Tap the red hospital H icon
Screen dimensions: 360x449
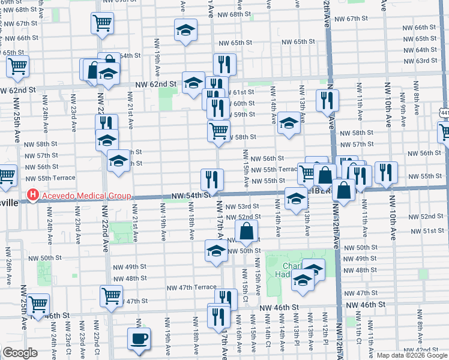pyautogui.click(x=32, y=196)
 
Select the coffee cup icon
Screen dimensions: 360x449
pyautogui.click(x=139, y=338)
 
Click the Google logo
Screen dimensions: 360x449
pyautogui.click(x=20, y=353)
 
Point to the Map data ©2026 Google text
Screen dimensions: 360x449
pyautogui.click(x=412, y=355)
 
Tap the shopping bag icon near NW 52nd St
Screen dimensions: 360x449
pyautogui.click(x=247, y=230)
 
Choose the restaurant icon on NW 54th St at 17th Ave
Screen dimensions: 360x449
pyautogui.click(x=212, y=179)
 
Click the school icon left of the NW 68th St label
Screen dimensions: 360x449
pyautogui.click(x=186, y=29)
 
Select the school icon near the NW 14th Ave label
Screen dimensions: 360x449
pyautogui.click(x=289, y=125)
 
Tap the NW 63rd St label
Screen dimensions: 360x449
pyautogui.click(x=420, y=61)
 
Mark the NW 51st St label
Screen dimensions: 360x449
pyautogui.click(x=423, y=230)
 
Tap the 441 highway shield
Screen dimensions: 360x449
pyautogui.click(x=444, y=112)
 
